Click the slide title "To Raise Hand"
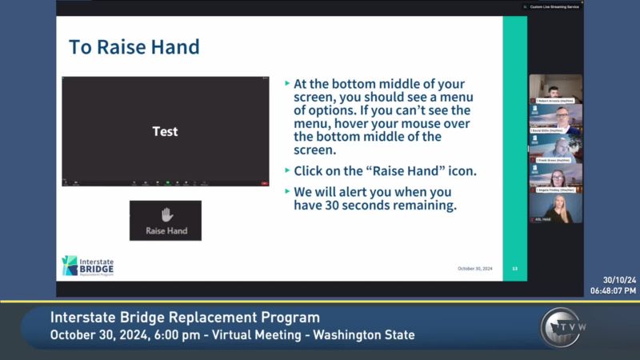[x=134, y=46]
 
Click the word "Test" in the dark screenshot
[x=165, y=131]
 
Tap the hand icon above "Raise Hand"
[x=166, y=214]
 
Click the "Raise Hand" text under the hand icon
[x=166, y=230]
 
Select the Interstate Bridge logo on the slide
[x=88, y=266]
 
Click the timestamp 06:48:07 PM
[x=614, y=290]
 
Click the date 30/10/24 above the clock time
[x=619, y=280]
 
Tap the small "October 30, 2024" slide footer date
[x=474, y=269]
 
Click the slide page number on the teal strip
[x=514, y=269]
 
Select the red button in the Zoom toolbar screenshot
[x=264, y=183]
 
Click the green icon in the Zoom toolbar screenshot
[x=167, y=183]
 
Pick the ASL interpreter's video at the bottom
[x=555, y=206]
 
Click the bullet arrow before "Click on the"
[x=288, y=171]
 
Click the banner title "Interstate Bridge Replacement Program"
[x=185, y=318]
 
